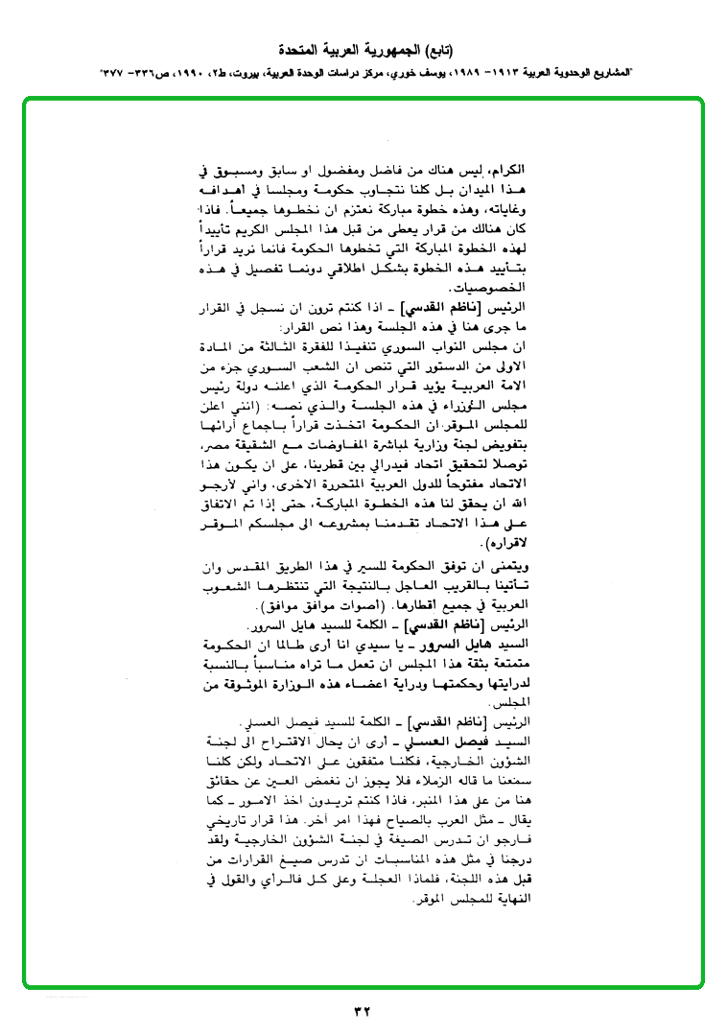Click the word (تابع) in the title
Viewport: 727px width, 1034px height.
[435, 49]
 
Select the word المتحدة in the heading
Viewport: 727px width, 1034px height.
[298, 49]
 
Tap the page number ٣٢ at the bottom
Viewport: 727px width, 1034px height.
[363, 1010]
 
